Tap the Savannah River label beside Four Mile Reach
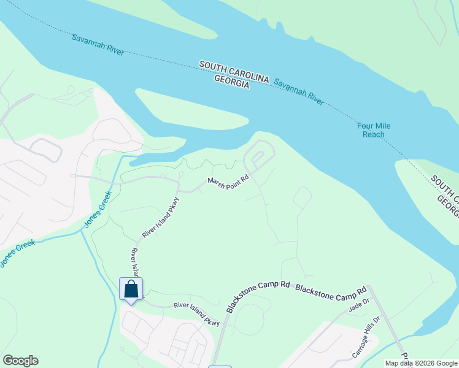[x=299, y=91]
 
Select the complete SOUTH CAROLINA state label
[x=234, y=71]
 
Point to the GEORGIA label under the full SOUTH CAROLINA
[x=232, y=83]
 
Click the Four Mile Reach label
[x=374, y=130]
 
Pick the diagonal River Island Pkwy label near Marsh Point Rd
[x=161, y=217]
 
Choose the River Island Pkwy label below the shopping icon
[x=196, y=313]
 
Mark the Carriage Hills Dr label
[x=366, y=337]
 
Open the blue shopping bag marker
[x=131, y=289]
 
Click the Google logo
[x=20, y=361]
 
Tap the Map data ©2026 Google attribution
[x=421, y=363]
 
